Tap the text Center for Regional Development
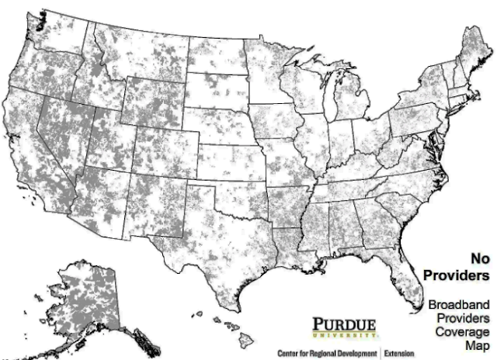coord(326,354)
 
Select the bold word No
coord(478,258)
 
